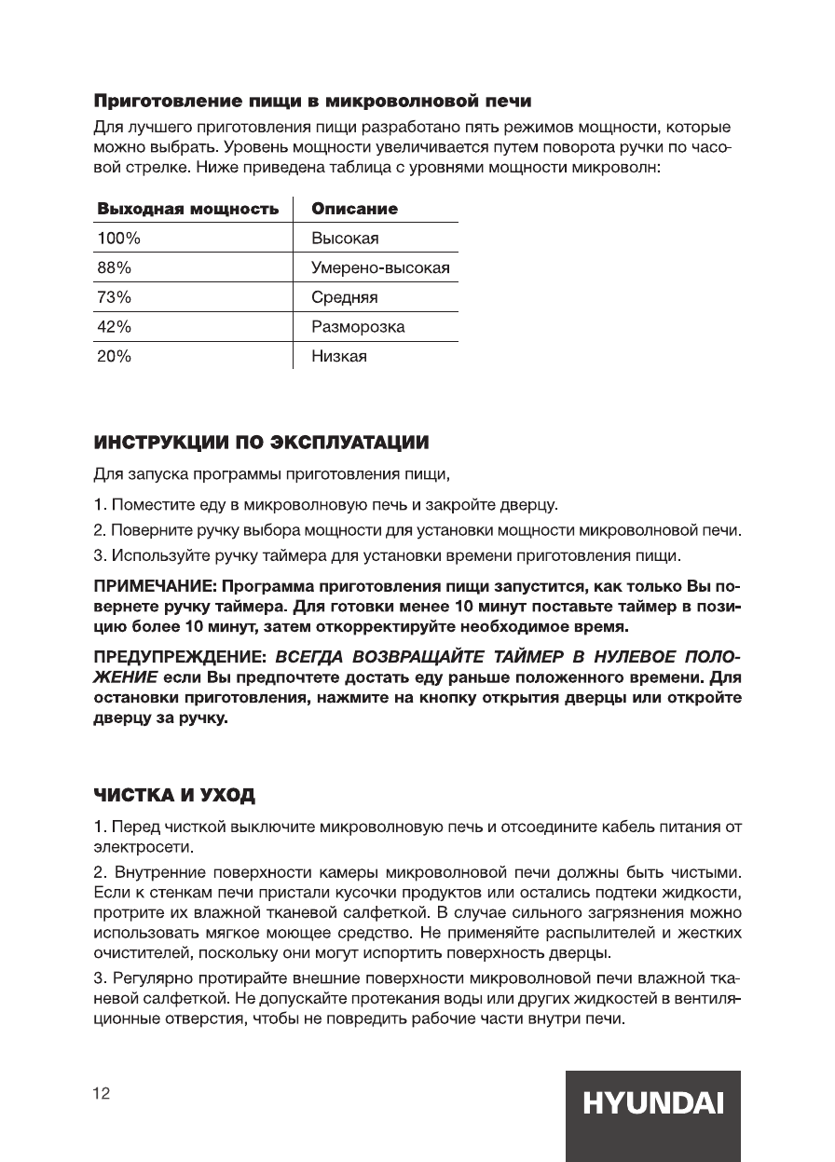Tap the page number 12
[x=102, y=1094]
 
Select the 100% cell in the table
[x=118, y=239]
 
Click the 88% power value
[x=115, y=268]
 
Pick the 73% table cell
[x=115, y=298]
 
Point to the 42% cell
[x=115, y=327]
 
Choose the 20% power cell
[x=115, y=357]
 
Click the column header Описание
[x=354, y=209]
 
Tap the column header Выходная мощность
[x=188, y=209]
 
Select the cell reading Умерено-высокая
[x=381, y=268]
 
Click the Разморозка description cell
[x=358, y=327]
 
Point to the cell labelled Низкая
[x=339, y=357]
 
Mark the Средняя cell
[x=345, y=298]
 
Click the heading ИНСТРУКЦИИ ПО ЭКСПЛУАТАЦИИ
[x=262, y=440]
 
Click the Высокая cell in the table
[x=345, y=239]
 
